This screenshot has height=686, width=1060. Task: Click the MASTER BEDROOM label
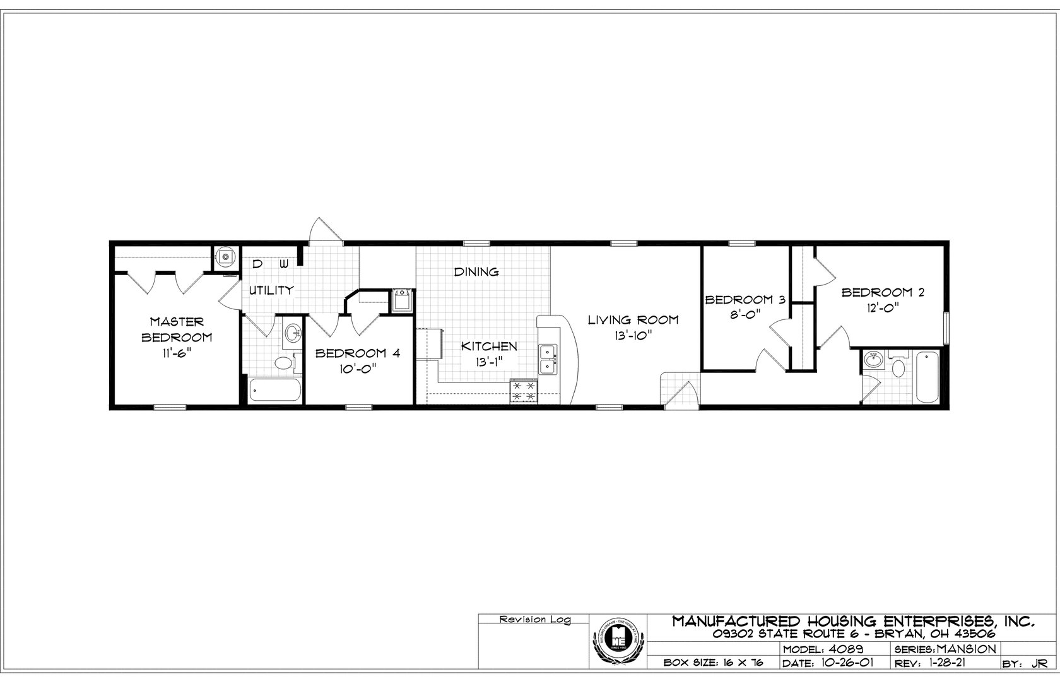pos(177,329)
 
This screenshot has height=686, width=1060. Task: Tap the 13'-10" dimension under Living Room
pos(633,337)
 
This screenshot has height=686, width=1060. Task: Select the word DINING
pos(477,272)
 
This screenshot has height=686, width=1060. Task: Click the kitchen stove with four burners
pos(524,391)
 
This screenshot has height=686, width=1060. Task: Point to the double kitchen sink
pos(548,358)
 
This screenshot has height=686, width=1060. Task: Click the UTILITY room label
pos(271,290)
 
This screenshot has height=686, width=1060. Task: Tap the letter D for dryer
pos(257,263)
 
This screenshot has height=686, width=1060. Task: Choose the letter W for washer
pos(284,263)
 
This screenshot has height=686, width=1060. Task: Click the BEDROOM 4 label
pos(358,353)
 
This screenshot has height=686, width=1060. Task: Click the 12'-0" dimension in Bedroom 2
pos(878,307)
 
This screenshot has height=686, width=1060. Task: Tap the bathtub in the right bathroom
pos(927,377)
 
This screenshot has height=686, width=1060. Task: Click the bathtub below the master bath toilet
pos(274,390)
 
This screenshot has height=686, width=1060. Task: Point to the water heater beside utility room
pos(224,257)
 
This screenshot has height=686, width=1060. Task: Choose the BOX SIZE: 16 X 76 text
pos(714,663)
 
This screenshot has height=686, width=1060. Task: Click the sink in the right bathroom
pos(873,362)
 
